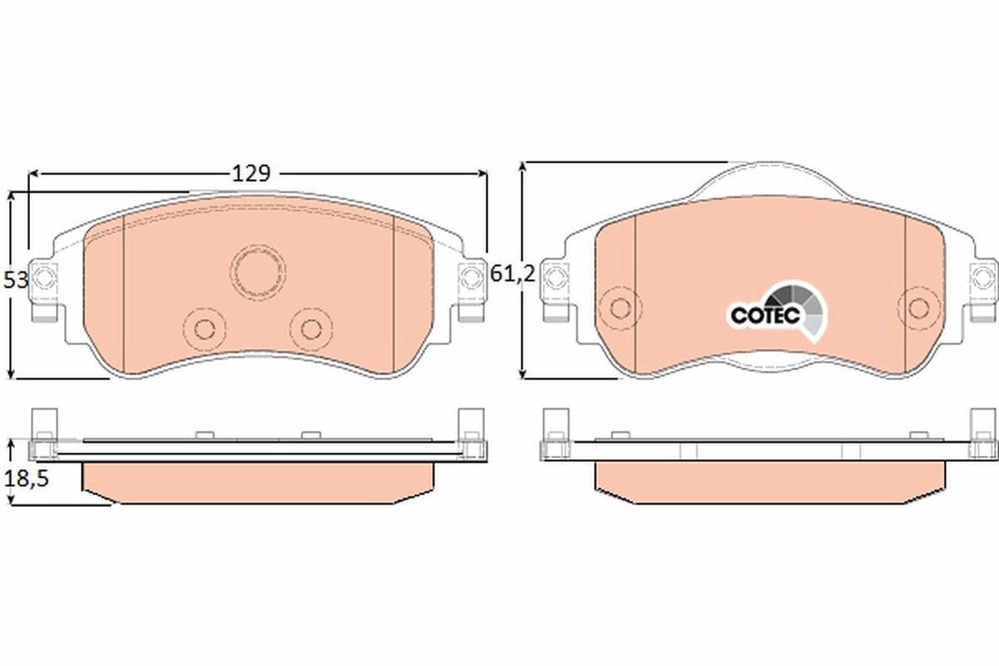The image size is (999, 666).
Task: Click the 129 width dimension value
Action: (251, 173)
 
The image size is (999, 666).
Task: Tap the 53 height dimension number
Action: (15, 281)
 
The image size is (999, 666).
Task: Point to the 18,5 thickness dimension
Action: (21, 480)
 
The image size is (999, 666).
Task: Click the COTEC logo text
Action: (765, 316)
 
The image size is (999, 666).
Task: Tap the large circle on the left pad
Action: (256, 271)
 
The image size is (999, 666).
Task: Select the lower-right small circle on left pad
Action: (311, 326)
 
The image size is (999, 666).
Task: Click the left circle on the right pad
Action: (618, 307)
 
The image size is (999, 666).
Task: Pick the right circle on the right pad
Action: (919, 307)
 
